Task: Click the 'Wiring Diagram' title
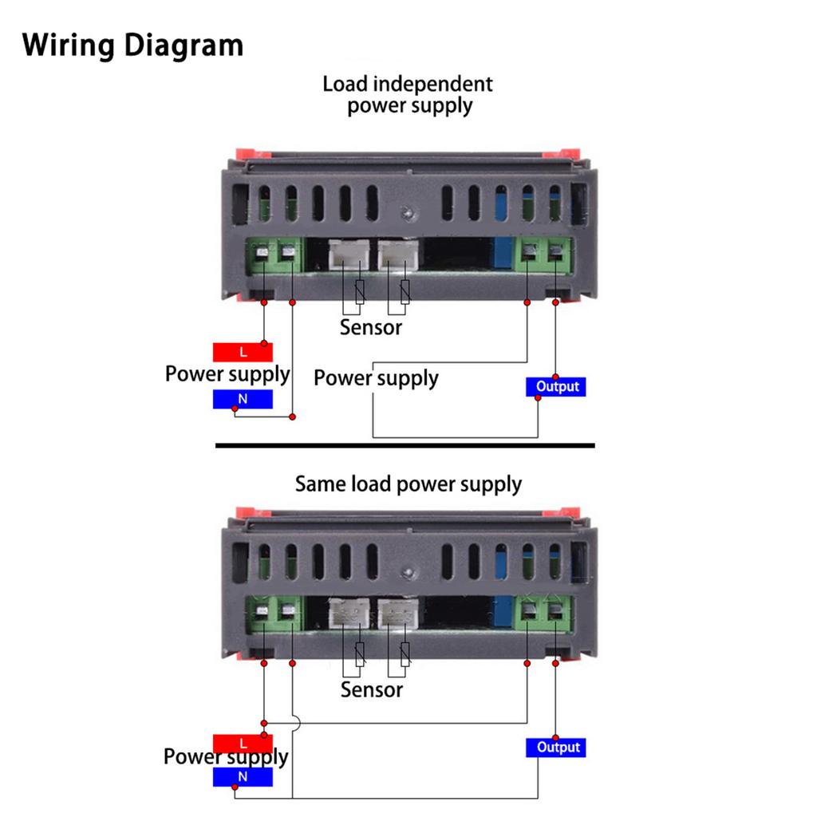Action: pyautogui.click(x=132, y=45)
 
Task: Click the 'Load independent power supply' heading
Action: pyautogui.click(x=408, y=95)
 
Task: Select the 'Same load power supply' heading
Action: pyautogui.click(x=408, y=484)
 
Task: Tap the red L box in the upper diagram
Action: pyautogui.click(x=243, y=352)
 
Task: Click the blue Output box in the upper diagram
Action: pyautogui.click(x=556, y=387)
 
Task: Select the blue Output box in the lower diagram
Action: pyautogui.click(x=558, y=748)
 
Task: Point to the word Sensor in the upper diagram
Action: pyautogui.click(x=371, y=327)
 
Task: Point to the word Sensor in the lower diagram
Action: pyautogui.click(x=372, y=689)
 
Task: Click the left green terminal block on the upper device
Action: pyautogui.click(x=274, y=255)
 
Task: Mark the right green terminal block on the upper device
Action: pyautogui.click(x=546, y=255)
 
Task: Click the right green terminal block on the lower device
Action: pyautogui.click(x=546, y=616)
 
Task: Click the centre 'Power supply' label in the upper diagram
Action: pyautogui.click(x=376, y=377)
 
